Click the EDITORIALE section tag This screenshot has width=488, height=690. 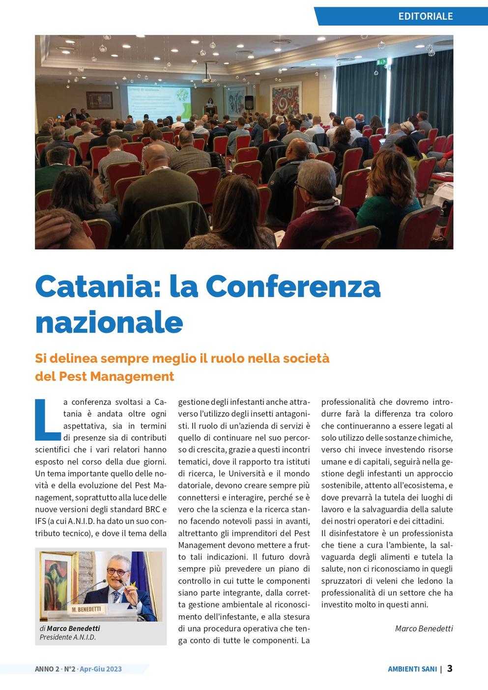click(x=425, y=16)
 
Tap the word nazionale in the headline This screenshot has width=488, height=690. click(x=109, y=322)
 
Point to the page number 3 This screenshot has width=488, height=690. click(x=450, y=668)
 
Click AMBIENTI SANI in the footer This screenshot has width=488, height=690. click(x=412, y=669)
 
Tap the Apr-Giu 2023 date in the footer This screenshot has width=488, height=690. click(x=101, y=669)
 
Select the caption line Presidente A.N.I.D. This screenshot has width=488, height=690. click(x=68, y=637)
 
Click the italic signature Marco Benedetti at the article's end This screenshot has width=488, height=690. click(x=424, y=629)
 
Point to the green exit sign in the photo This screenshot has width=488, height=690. click(x=381, y=62)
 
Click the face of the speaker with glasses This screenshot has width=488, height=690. click(x=118, y=572)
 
